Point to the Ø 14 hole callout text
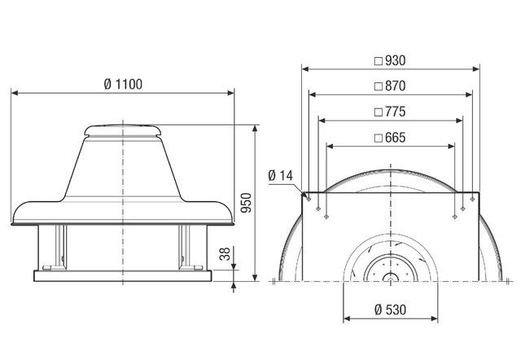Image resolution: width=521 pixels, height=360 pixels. pos(279,174)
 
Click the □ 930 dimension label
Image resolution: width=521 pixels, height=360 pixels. pos(389,59)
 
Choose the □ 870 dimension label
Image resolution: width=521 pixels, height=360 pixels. pos(389,86)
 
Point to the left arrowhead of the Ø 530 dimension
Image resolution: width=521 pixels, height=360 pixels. pos(345,318)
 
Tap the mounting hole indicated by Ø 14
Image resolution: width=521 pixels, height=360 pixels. pos(309,196)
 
